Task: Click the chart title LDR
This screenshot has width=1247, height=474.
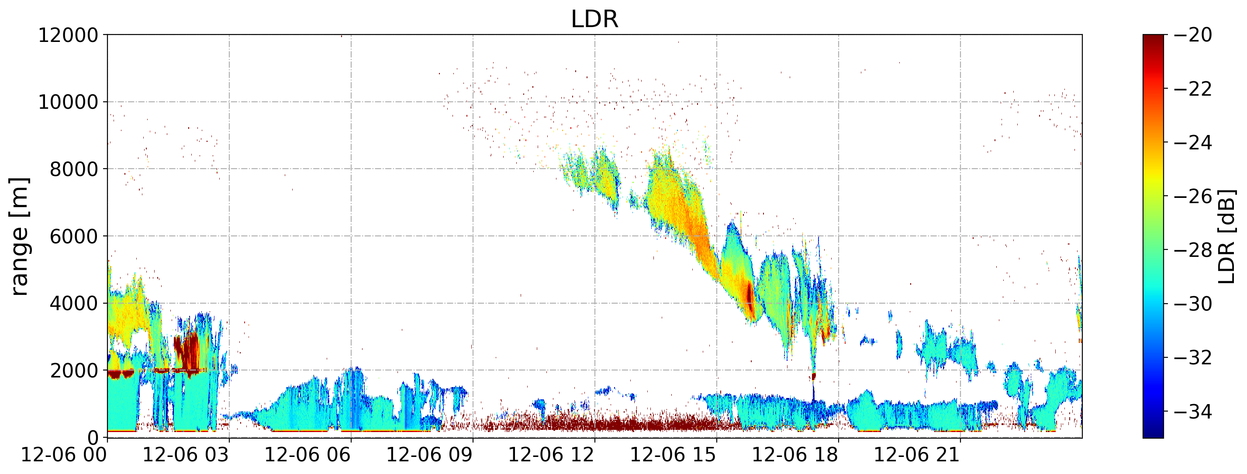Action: [594, 19]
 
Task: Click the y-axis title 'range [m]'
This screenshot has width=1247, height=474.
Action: [19, 236]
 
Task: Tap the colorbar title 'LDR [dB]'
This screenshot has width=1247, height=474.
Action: [1226, 236]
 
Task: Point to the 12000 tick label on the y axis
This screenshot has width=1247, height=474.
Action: [68, 35]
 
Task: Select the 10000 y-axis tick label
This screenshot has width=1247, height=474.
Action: [68, 102]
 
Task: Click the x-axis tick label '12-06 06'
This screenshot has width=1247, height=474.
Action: [308, 456]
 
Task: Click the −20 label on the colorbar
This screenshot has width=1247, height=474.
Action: [1193, 35]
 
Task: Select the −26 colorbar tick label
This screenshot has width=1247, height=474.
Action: [1193, 197]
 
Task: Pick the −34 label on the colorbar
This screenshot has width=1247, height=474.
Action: [1193, 412]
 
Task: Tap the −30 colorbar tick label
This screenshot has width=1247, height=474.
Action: [1193, 304]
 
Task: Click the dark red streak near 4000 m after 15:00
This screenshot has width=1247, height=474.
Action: [750, 298]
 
